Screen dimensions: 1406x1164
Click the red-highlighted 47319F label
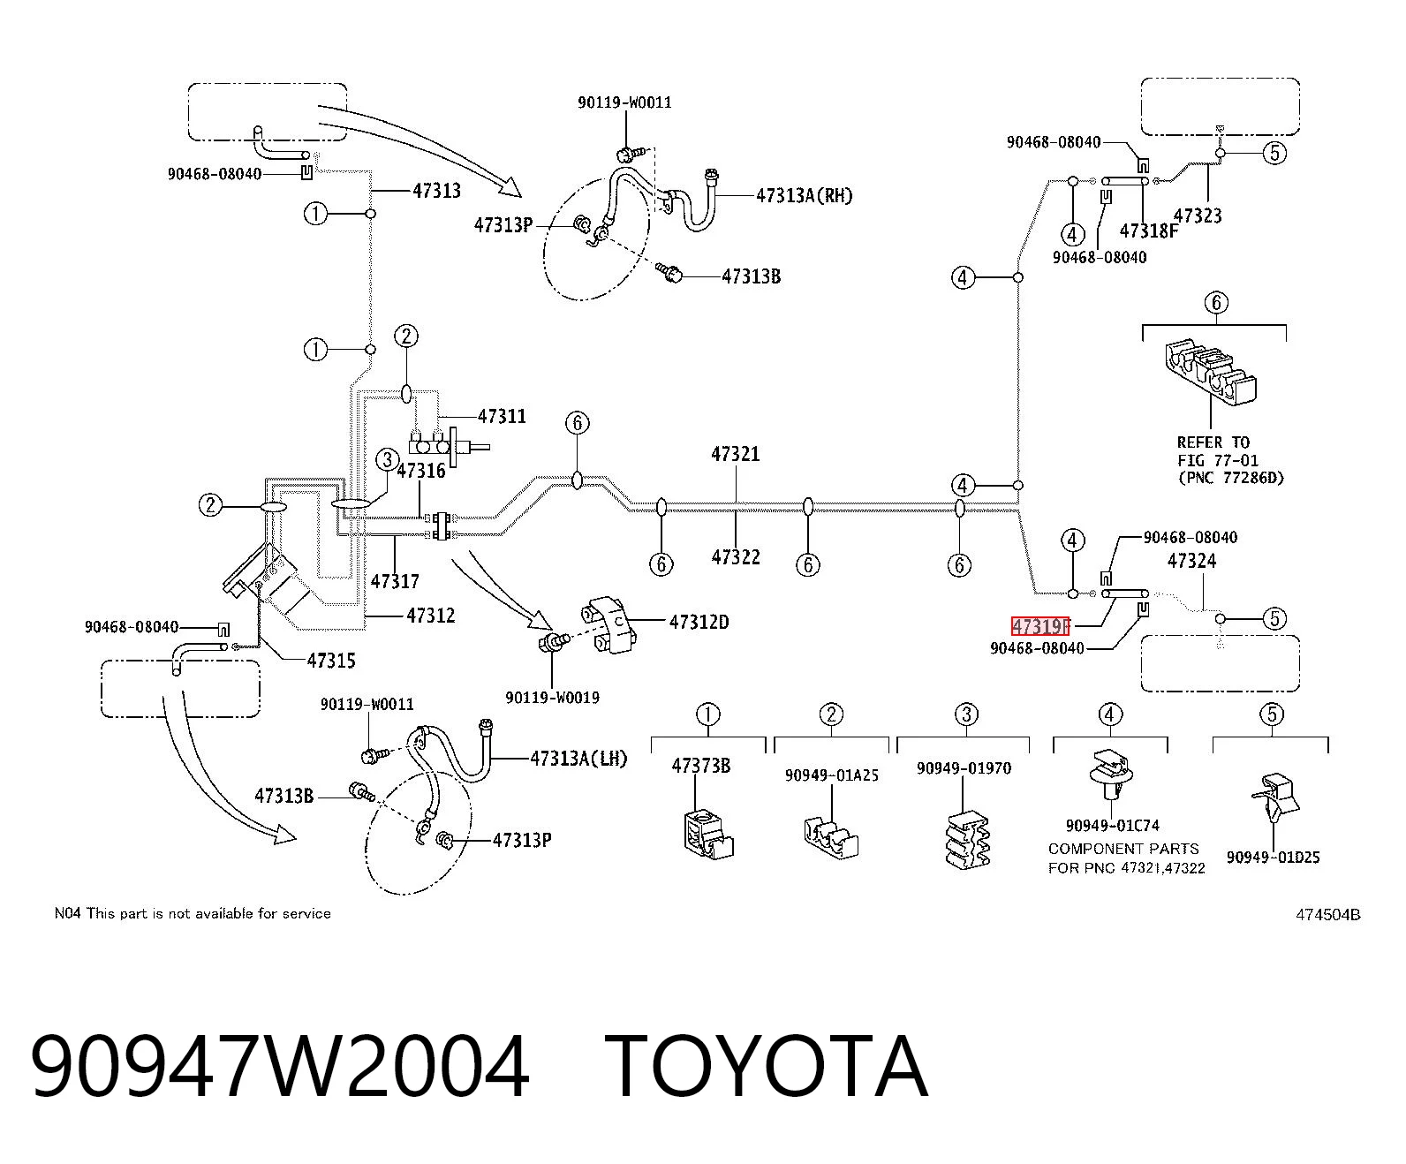tap(1040, 626)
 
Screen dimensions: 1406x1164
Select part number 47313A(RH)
tap(804, 196)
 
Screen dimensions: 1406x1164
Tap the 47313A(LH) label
tap(578, 759)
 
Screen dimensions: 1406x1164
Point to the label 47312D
tap(699, 622)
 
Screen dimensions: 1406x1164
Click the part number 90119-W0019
tap(552, 697)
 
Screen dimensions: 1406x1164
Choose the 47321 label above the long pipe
tap(736, 454)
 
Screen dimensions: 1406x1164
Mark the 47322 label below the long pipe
tap(736, 557)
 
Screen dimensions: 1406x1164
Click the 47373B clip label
tap(701, 765)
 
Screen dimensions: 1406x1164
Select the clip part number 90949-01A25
tap(832, 775)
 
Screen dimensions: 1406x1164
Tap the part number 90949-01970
tap(964, 768)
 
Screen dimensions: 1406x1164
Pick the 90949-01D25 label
tap(1273, 858)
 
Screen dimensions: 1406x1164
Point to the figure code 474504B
tap(1328, 914)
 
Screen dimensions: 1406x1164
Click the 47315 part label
tap(330, 661)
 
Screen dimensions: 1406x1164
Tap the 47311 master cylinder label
tap(502, 416)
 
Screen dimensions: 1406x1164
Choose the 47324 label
tap(1191, 561)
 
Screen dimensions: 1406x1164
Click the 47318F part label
tap(1149, 231)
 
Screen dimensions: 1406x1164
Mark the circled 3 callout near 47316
tap(387, 460)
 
